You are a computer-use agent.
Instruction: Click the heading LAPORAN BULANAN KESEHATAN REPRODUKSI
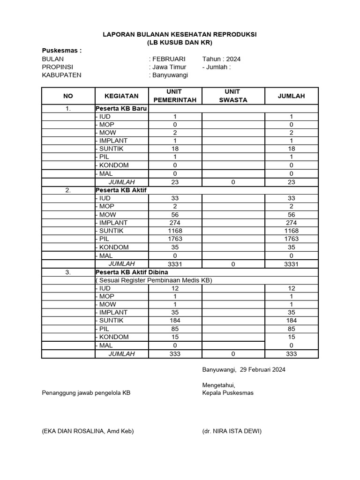point(180,35)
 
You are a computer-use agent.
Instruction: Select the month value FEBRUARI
point(168,59)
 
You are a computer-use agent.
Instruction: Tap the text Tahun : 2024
point(221,59)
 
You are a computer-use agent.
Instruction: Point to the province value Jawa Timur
point(169,67)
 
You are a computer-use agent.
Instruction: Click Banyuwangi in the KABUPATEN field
point(170,75)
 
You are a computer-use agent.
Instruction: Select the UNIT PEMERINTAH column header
point(175,96)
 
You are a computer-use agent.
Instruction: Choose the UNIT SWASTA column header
point(233,96)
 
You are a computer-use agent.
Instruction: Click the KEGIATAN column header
point(121,96)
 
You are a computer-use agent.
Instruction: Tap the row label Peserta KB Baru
point(121,108)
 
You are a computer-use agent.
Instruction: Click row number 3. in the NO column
point(68,272)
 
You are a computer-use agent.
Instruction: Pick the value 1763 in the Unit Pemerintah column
point(175,239)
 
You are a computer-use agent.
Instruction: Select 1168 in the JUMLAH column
point(291,231)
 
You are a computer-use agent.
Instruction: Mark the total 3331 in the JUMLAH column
point(291,264)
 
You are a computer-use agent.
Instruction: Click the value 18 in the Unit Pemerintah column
point(175,149)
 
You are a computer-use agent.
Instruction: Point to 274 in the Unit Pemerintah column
point(175,223)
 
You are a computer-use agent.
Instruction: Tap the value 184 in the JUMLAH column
point(291,321)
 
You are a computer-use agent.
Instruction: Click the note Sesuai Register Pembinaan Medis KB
point(154,280)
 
